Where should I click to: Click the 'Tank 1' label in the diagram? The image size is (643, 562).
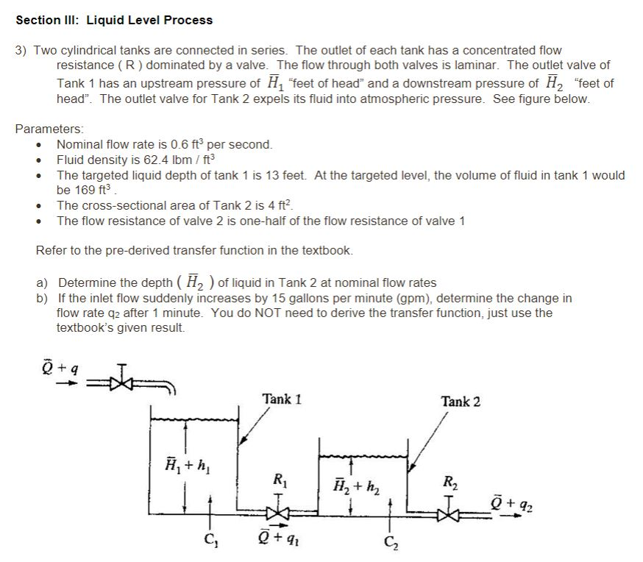(282, 399)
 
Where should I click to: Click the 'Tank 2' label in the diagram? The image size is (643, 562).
(461, 401)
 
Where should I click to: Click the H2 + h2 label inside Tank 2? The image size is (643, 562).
(355, 485)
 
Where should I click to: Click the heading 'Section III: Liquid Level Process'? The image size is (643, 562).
(114, 20)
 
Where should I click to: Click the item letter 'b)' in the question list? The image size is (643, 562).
(43, 299)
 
